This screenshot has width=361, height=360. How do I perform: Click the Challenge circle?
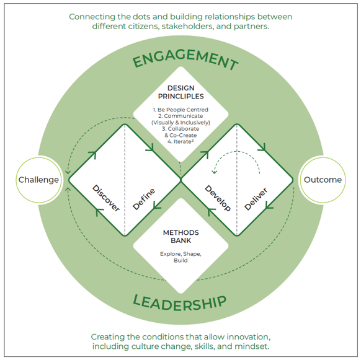coord(38,180)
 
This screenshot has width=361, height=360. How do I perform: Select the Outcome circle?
coord(323,180)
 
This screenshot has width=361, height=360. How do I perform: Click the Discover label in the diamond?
coord(106,198)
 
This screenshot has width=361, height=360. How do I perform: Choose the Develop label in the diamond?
coord(217,198)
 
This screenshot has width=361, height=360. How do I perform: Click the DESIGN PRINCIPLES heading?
coord(180,92)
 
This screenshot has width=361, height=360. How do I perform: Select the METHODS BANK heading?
coord(180,237)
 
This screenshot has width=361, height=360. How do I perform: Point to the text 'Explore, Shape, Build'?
coord(180,257)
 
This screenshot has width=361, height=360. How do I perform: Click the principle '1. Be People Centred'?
coord(180,110)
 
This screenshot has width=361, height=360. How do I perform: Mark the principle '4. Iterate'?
coord(180,142)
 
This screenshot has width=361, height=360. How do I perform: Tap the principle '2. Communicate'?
coord(180,116)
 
